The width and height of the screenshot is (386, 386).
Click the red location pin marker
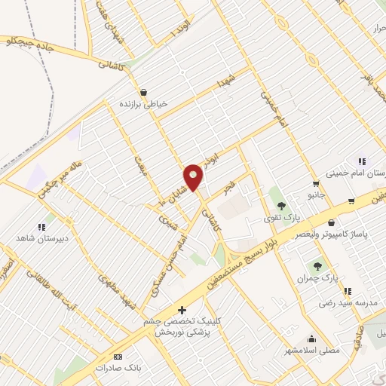[195, 176]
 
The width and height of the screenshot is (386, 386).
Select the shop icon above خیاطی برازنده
[144, 93]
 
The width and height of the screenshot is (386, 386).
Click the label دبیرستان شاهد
[41, 237]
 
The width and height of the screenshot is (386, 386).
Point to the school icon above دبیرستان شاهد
[41, 225]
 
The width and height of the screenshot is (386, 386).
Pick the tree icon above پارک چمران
[317, 265]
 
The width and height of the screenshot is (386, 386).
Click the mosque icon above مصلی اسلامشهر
[311, 339]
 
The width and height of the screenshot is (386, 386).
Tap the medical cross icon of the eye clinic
[181, 309]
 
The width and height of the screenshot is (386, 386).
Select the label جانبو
[314, 195]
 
